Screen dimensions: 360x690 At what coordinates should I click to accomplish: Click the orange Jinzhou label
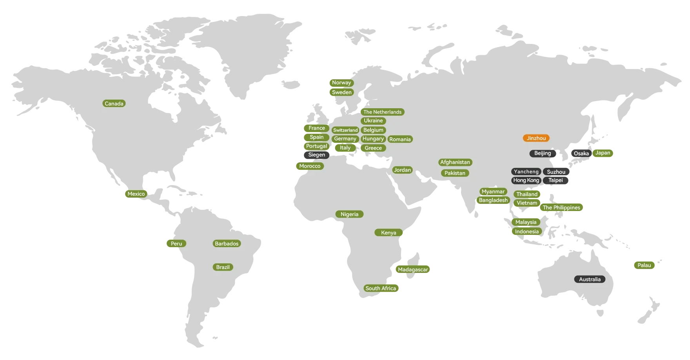click(536, 138)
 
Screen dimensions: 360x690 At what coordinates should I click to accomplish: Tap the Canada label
click(114, 104)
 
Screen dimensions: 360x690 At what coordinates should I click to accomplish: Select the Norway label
click(341, 83)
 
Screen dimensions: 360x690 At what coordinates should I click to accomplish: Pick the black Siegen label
click(316, 155)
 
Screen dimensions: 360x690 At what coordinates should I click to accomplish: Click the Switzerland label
click(345, 130)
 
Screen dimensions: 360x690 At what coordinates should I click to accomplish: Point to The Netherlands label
click(382, 112)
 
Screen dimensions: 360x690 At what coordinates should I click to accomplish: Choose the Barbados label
click(226, 244)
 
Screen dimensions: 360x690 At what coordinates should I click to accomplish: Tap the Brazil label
click(223, 267)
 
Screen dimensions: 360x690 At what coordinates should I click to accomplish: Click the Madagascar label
click(412, 269)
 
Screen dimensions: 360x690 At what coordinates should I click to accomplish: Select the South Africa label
click(380, 288)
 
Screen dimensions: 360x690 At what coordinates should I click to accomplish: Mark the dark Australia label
click(589, 279)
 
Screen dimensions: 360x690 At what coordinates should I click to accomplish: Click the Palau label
click(644, 265)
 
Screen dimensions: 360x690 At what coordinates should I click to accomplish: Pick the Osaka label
click(581, 153)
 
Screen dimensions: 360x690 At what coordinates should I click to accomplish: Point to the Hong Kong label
click(526, 180)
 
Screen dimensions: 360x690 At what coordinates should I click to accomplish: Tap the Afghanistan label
click(455, 162)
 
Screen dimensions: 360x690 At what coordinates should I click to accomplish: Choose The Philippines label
click(561, 207)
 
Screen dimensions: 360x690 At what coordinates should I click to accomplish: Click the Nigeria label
click(349, 214)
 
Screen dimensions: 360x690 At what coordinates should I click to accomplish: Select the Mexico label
click(136, 194)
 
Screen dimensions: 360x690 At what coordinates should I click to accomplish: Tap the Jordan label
click(402, 170)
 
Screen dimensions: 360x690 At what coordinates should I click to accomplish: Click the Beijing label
click(542, 153)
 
